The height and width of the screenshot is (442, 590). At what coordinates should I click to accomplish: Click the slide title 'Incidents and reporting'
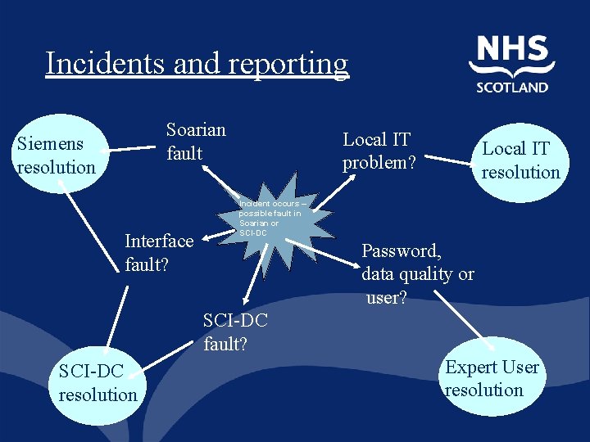pyautogui.click(x=197, y=64)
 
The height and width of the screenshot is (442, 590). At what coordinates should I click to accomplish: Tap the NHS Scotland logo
pyautogui.click(x=512, y=64)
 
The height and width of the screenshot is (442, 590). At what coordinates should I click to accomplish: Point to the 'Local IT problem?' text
pyautogui.click(x=379, y=151)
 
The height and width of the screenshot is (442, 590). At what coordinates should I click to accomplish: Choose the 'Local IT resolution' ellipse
pyautogui.click(x=520, y=160)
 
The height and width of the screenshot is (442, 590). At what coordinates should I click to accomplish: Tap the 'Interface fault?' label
pyautogui.click(x=159, y=252)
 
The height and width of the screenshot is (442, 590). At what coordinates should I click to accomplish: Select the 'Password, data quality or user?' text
pyautogui.click(x=417, y=273)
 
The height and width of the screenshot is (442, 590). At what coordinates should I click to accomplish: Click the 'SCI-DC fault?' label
pyautogui.click(x=235, y=331)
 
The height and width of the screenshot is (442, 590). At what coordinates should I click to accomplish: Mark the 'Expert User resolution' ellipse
pyautogui.click(x=492, y=378)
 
